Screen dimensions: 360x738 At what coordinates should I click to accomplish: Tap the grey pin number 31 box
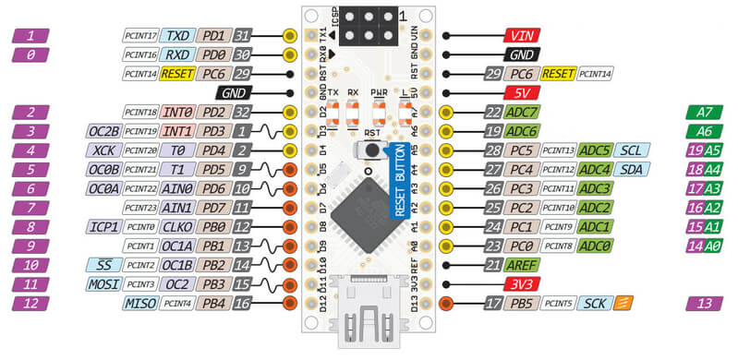tap(243, 36)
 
